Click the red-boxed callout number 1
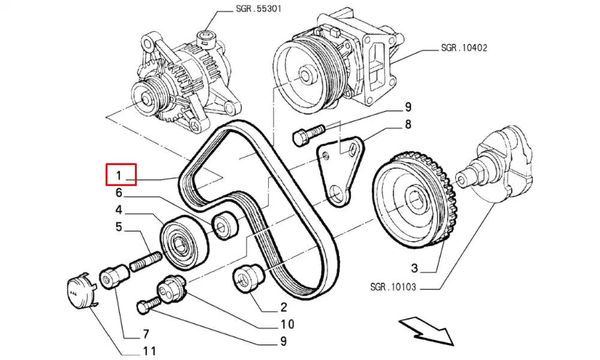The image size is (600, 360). (x=121, y=175)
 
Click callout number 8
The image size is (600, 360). (x=408, y=125)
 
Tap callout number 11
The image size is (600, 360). (x=149, y=351)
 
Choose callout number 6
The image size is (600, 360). (x=119, y=193)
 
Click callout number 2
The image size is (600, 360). (x=283, y=308)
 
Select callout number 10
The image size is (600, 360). (x=286, y=325)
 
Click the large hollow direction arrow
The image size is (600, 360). (x=427, y=331)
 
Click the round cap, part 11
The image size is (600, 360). (x=79, y=290)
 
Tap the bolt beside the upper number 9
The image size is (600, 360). (x=307, y=134)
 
